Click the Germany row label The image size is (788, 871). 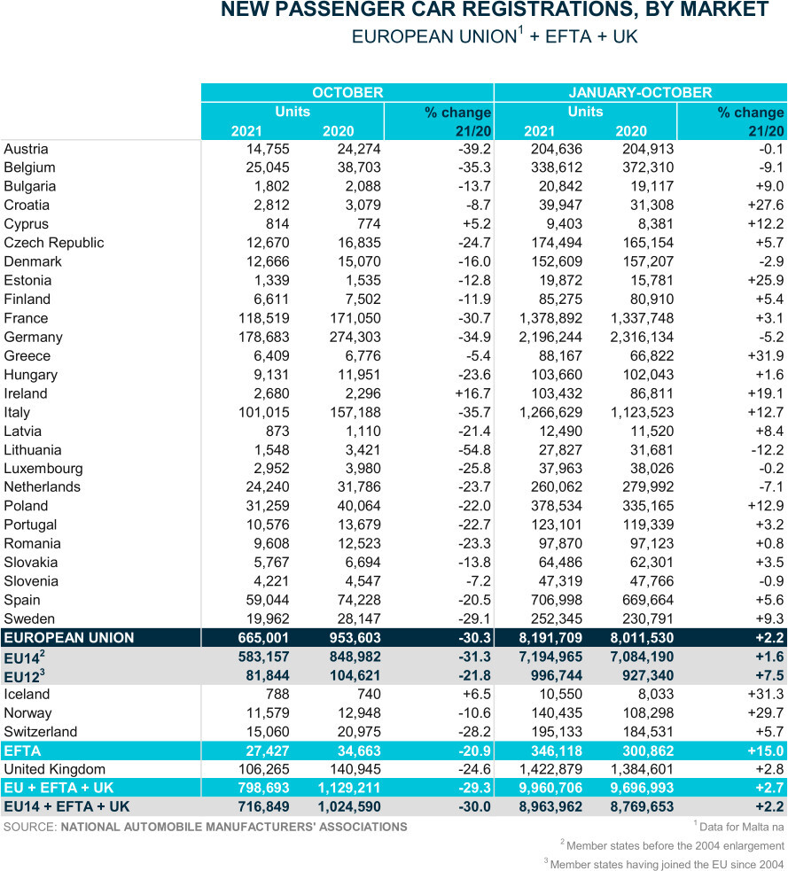click(x=33, y=338)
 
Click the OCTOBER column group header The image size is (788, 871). click(x=347, y=92)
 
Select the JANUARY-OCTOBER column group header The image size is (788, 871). click(x=639, y=92)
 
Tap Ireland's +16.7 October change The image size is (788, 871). click(x=471, y=393)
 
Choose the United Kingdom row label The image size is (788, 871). click(x=55, y=769)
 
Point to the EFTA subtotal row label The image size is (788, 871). click(x=23, y=751)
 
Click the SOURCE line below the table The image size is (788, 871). click(x=206, y=827)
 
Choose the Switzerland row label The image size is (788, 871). click(x=41, y=732)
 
